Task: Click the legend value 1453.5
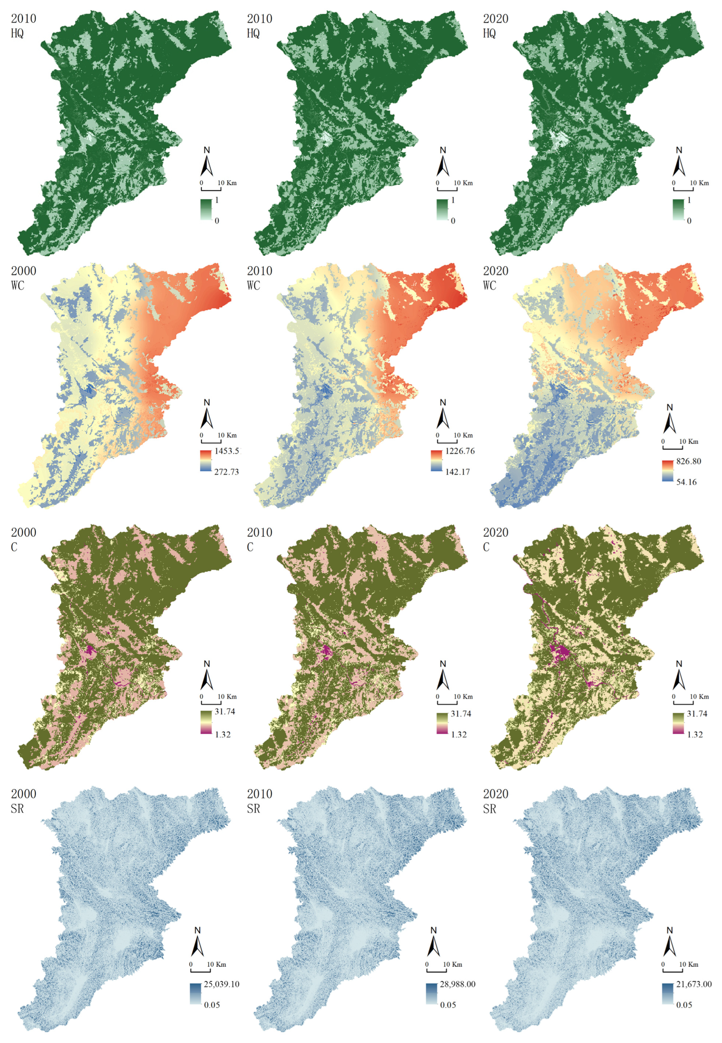(x=228, y=451)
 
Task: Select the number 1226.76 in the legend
(x=460, y=451)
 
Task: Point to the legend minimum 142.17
(x=457, y=472)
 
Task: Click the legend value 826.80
(x=688, y=461)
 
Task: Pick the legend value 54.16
(x=686, y=482)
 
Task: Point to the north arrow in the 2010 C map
(x=443, y=676)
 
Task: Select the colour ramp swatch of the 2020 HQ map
(x=678, y=209)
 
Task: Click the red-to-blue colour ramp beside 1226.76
(x=437, y=461)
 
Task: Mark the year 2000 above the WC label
(x=23, y=271)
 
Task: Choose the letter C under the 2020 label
(x=486, y=547)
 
